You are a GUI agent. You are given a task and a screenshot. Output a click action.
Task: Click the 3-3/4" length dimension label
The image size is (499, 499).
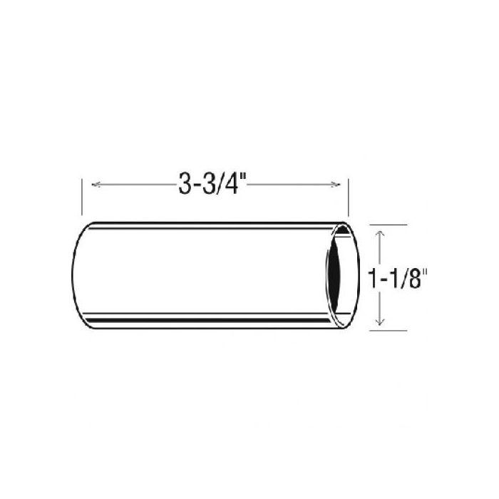pos(212,184)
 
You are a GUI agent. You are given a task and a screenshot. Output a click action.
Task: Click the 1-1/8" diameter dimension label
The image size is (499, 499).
pos(397,279)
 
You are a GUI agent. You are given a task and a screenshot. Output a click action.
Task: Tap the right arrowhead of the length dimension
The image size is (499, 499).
pos(336,184)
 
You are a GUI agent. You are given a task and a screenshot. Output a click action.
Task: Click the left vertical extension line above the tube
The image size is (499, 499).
pos(82,197)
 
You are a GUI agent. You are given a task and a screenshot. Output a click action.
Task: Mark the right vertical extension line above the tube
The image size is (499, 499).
pos(349,197)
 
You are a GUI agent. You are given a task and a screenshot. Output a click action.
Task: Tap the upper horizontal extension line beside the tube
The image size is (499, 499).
pos(389,225)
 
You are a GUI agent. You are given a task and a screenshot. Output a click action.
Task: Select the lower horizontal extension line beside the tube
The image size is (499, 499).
pos(389,330)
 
